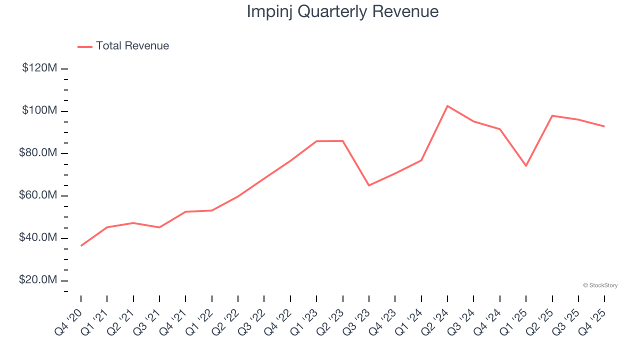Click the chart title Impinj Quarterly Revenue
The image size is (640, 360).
(x=342, y=11)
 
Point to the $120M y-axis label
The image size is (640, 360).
(x=39, y=68)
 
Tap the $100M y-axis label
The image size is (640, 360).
(x=39, y=110)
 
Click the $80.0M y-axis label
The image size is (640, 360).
(x=38, y=153)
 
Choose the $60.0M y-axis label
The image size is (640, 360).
(x=38, y=195)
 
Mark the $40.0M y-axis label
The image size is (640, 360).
(x=38, y=238)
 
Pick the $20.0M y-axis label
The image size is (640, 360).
(x=38, y=280)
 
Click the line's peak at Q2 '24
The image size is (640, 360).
(x=447, y=106)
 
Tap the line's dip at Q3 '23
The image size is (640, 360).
(x=369, y=185)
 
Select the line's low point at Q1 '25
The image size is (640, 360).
(x=526, y=165)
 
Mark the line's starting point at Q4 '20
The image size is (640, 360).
(x=81, y=245)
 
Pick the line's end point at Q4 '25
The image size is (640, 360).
(x=604, y=126)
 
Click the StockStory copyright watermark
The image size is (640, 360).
(x=600, y=285)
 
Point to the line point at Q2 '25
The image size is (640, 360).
(x=552, y=115)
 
